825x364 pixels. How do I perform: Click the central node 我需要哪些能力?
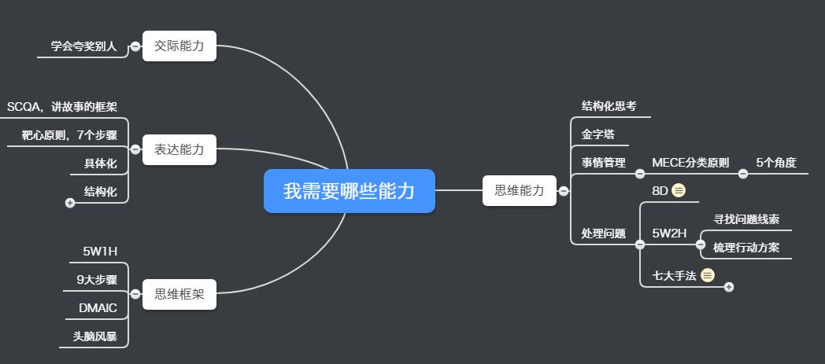coord(349,191)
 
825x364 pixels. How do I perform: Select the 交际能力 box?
coord(179,46)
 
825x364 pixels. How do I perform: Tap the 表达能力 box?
coord(179,149)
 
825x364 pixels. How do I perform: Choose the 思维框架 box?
coord(179,294)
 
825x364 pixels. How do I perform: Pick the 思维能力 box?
coord(519,190)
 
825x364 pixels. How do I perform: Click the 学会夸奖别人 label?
coord(83,46)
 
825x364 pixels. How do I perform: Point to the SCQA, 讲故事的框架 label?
coord(62,107)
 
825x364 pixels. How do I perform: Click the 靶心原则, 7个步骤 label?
coord(69,135)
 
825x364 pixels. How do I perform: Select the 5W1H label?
coord(100,252)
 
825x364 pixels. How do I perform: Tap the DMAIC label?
coord(98,307)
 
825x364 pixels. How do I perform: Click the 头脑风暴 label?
coord(94,336)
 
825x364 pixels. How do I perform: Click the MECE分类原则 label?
coord(690,163)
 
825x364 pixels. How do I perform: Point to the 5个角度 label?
coord(776,163)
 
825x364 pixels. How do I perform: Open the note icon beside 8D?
coord(679,190)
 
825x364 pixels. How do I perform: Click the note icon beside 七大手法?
coord(708,275)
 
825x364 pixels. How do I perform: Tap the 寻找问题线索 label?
coord(746,219)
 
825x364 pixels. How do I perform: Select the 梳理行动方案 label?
coord(746,248)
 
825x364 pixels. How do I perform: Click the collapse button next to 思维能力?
coord(564,190)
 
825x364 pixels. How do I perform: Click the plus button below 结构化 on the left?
coord(70,203)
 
